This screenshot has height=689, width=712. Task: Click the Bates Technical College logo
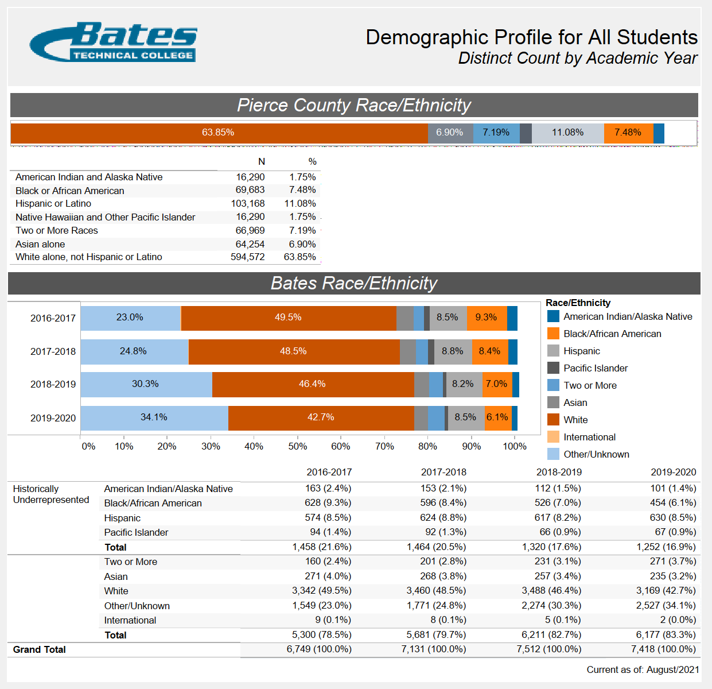coord(113,42)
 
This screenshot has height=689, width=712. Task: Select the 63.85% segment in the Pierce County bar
coord(218,133)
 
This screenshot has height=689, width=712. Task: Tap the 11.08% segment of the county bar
coord(567,133)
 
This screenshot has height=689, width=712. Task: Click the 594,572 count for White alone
coord(248,257)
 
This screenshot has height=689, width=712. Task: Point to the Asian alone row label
coord(40,244)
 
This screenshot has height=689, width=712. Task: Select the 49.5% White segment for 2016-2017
coord(288,318)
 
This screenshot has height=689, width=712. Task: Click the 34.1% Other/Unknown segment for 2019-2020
coord(154,417)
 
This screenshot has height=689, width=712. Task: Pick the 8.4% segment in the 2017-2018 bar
coord(489,351)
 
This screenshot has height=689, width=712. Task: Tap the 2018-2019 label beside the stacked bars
coord(53,385)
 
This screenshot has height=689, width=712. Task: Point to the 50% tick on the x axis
coord(297,446)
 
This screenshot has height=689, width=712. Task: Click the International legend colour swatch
coord(553,437)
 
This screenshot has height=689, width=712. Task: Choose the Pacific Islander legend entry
coord(595,368)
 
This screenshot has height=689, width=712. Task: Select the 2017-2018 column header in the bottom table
coord(443,472)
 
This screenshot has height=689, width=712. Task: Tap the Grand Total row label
coord(40,649)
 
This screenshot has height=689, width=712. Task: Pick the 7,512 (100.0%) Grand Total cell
coord(548,649)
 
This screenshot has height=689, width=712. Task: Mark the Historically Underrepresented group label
coord(50,494)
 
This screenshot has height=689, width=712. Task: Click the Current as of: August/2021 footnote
coord(643,669)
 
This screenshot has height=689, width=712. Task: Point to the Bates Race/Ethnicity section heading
coord(354,283)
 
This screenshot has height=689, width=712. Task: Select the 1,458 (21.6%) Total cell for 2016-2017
coord(321,547)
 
